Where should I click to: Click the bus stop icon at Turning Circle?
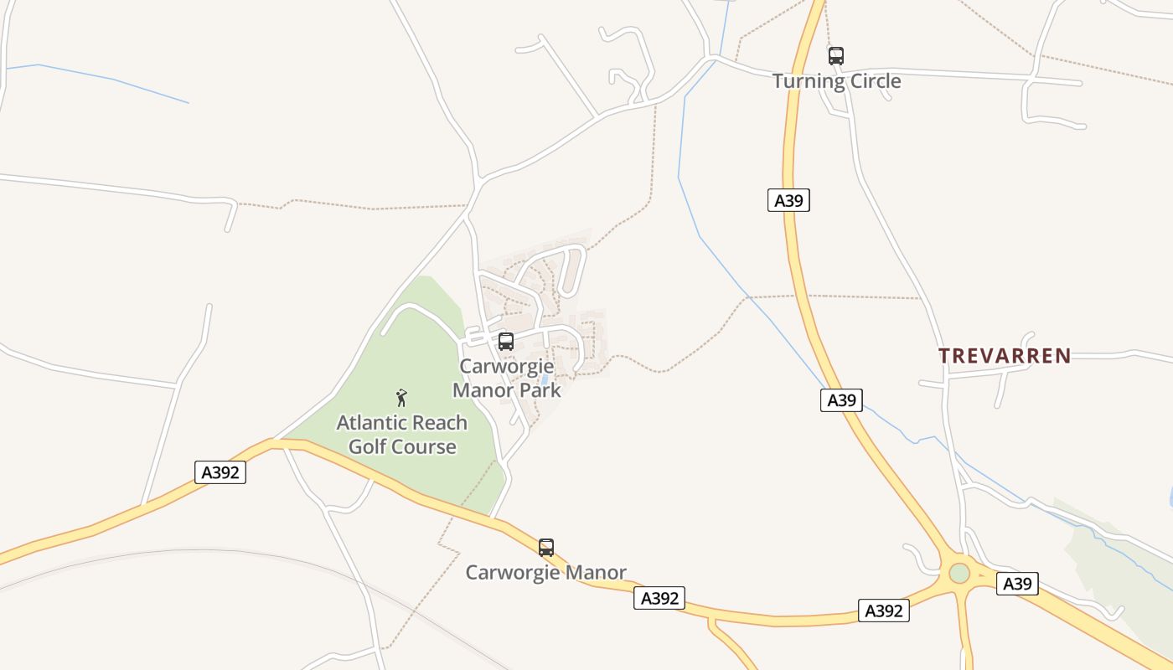point(836,56)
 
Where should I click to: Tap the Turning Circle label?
point(836,81)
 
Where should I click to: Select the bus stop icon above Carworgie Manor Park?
point(506,342)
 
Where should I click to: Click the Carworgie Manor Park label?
point(506,378)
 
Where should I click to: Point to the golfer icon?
point(401,397)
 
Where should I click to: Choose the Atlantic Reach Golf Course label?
point(402,434)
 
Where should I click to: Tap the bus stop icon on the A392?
point(546,548)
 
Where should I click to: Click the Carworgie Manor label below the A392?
point(545,573)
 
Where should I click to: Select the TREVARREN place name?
point(1005,356)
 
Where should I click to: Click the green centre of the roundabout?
point(959,574)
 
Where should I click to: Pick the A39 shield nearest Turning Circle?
point(788,200)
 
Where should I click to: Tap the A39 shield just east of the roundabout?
point(1017,584)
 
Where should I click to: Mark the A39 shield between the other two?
point(841,400)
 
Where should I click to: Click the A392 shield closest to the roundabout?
point(883,611)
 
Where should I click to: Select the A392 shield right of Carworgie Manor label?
point(659,598)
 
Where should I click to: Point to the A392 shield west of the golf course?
point(221,472)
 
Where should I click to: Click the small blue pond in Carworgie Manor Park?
point(545,379)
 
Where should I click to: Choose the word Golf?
point(368,446)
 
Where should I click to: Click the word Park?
point(540,389)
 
